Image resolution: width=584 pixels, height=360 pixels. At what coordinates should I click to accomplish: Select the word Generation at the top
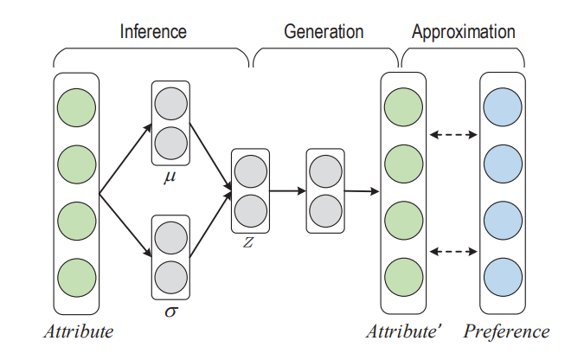324,32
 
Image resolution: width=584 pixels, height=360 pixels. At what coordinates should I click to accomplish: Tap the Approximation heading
464,32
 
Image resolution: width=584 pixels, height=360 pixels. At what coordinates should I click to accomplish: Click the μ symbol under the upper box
170,178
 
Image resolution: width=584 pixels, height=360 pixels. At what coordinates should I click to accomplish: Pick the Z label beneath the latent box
248,242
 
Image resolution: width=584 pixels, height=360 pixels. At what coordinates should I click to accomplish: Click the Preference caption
506,331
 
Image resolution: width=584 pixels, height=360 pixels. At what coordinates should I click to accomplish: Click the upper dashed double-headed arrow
453,135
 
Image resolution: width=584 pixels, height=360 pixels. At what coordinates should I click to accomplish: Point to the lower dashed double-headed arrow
453,252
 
